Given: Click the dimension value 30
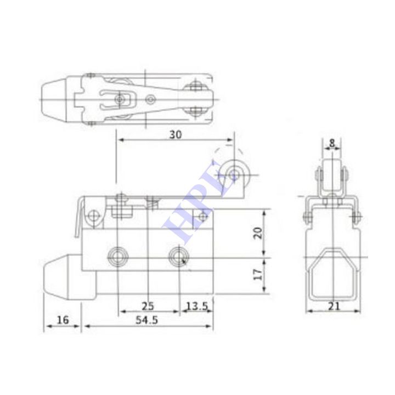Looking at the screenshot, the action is [x=176, y=135].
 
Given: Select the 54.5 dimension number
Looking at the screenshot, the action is [x=146, y=320].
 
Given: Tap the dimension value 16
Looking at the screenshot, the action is [x=63, y=320].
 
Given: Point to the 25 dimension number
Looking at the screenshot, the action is [x=148, y=306].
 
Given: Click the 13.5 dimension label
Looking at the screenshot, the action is [x=198, y=306].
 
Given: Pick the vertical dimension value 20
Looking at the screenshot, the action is [x=258, y=233].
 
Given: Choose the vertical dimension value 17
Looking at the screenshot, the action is [x=258, y=274].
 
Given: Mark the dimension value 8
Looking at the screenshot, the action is [x=332, y=143].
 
